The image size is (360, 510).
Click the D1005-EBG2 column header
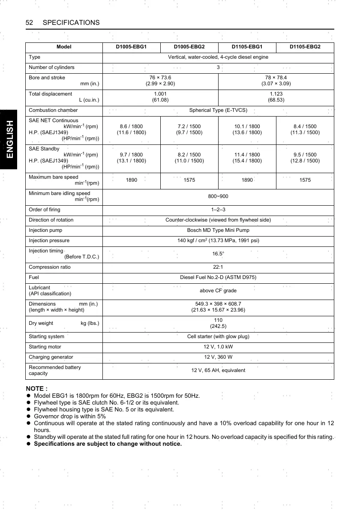tap(189, 47)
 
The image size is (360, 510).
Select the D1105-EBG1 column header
tap(247, 47)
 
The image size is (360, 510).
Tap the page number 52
tap(30, 22)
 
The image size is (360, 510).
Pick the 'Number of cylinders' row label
tap(51, 67)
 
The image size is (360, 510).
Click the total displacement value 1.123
tap(276, 94)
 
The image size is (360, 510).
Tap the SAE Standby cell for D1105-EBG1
tap(247, 158)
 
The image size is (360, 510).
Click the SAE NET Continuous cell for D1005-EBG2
tap(189, 129)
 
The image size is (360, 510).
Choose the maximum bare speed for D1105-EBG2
tap(305, 180)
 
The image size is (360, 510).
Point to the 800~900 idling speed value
tap(218, 197)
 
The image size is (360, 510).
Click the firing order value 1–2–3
tap(218, 210)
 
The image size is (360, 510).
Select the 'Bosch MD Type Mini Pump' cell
tap(218, 230)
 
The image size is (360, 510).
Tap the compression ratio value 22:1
tap(218, 267)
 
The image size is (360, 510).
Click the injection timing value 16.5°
tap(218, 254)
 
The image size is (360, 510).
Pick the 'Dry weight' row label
tap(41, 323)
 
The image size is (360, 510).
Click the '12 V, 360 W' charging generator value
tap(218, 357)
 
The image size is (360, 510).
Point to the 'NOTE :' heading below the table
tap(37, 389)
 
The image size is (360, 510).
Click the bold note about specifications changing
tap(108, 444)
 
